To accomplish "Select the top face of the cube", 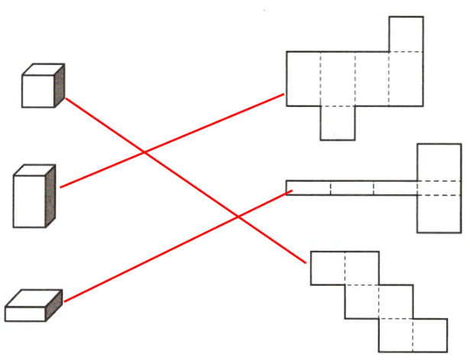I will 43,70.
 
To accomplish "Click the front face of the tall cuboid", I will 31,200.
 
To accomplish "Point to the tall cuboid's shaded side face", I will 51,194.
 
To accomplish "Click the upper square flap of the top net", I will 406,34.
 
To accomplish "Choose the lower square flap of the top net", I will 338,122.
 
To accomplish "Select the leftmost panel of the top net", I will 303,78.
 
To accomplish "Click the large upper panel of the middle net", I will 439,162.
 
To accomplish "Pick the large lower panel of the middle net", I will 439,213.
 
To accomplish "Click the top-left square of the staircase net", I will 327,268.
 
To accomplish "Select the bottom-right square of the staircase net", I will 430,336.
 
